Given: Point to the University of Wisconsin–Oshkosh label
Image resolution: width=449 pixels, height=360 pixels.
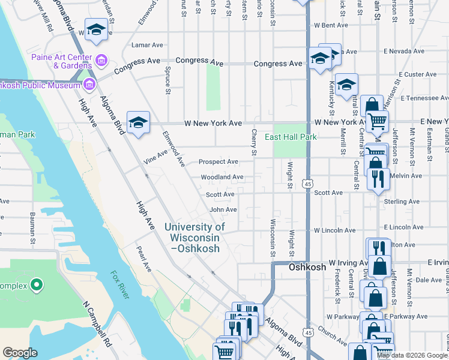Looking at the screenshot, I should tap(194, 237).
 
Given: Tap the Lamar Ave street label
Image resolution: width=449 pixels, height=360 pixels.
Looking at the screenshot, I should tap(147, 45).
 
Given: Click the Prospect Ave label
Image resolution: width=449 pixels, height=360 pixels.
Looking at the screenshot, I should tap(218, 161).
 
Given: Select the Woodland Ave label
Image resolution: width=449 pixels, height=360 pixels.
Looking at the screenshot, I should tap(222, 177).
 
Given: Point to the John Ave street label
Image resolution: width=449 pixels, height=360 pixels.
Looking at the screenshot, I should tap(223, 209).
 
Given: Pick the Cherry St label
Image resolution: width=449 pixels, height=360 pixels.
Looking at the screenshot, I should tap(255, 143).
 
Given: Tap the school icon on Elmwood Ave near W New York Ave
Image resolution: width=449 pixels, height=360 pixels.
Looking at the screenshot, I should tap(138, 122).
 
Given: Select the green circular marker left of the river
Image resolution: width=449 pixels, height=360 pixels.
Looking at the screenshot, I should tap(37, 284).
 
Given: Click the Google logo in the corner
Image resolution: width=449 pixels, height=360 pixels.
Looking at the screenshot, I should tap(20, 353).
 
